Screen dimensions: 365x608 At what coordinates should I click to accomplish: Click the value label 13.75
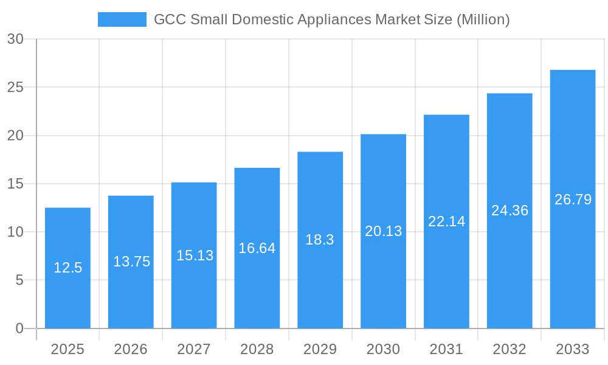pyautogui.click(x=131, y=262)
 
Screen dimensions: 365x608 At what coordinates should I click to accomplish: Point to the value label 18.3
pyautogui.click(x=320, y=240)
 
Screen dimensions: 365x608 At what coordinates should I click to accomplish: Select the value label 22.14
pyautogui.click(x=446, y=221)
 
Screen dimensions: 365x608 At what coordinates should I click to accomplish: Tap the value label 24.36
pyautogui.click(x=510, y=210)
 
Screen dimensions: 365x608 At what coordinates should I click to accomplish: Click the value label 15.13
pyautogui.click(x=195, y=255)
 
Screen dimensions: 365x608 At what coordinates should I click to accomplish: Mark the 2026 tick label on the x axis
pyautogui.click(x=131, y=349)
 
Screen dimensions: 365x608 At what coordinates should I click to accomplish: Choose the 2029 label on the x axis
pyautogui.click(x=320, y=349)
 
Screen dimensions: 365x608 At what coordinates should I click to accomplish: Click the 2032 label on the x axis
pyautogui.click(x=510, y=349)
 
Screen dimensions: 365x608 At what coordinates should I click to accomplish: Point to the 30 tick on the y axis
pyautogui.click(x=15, y=39)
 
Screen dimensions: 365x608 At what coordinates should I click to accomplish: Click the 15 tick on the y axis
pyautogui.click(x=15, y=184)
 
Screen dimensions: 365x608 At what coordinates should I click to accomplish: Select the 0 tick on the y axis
pyautogui.click(x=19, y=328)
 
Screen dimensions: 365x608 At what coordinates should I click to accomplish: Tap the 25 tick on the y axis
pyautogui.click(x=15, y=87)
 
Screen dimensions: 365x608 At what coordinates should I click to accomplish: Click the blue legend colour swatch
pyautogui.click(x=122, y=19)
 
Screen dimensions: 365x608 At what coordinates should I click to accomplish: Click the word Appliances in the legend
pyautogui.click(x=334, y=19)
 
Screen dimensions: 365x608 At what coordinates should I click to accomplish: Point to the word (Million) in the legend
pyautogui.click(x=483, y=19)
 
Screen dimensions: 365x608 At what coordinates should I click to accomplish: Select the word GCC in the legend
pyautogui.click(x=170, y=19)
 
